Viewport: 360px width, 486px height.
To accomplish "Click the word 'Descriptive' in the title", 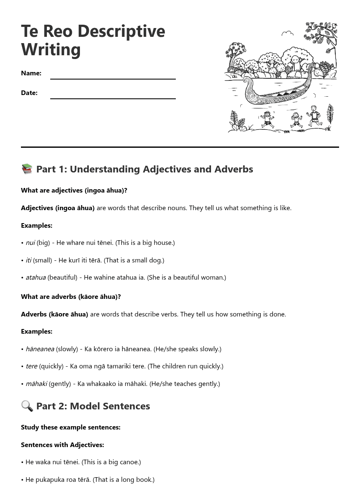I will click(121, 31).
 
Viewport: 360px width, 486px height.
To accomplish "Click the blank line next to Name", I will click(113, 78).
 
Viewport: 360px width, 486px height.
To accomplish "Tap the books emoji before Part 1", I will click(27, 169).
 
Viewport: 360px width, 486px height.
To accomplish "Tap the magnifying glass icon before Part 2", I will click(27, 406).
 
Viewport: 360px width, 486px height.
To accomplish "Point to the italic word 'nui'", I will click(30, 242).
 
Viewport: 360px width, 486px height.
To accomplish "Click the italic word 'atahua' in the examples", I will click(36, 277).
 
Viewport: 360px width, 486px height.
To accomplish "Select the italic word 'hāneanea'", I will click(40, 349).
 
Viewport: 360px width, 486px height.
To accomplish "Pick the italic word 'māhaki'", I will click(36, 383).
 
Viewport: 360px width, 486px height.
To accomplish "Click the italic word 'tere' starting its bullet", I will click(31, 366).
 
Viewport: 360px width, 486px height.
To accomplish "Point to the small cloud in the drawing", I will click(287, 33).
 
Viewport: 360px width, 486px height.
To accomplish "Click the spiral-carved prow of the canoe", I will click(250, 94).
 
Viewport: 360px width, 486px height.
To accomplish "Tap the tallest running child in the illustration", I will click(314, 116).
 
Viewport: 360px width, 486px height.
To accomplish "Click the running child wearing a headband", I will click(267, 118).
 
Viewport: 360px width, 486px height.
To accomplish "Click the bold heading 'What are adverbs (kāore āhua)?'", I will click(71, 296).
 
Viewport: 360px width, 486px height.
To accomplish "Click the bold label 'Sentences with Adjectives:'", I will click(62, 445).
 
